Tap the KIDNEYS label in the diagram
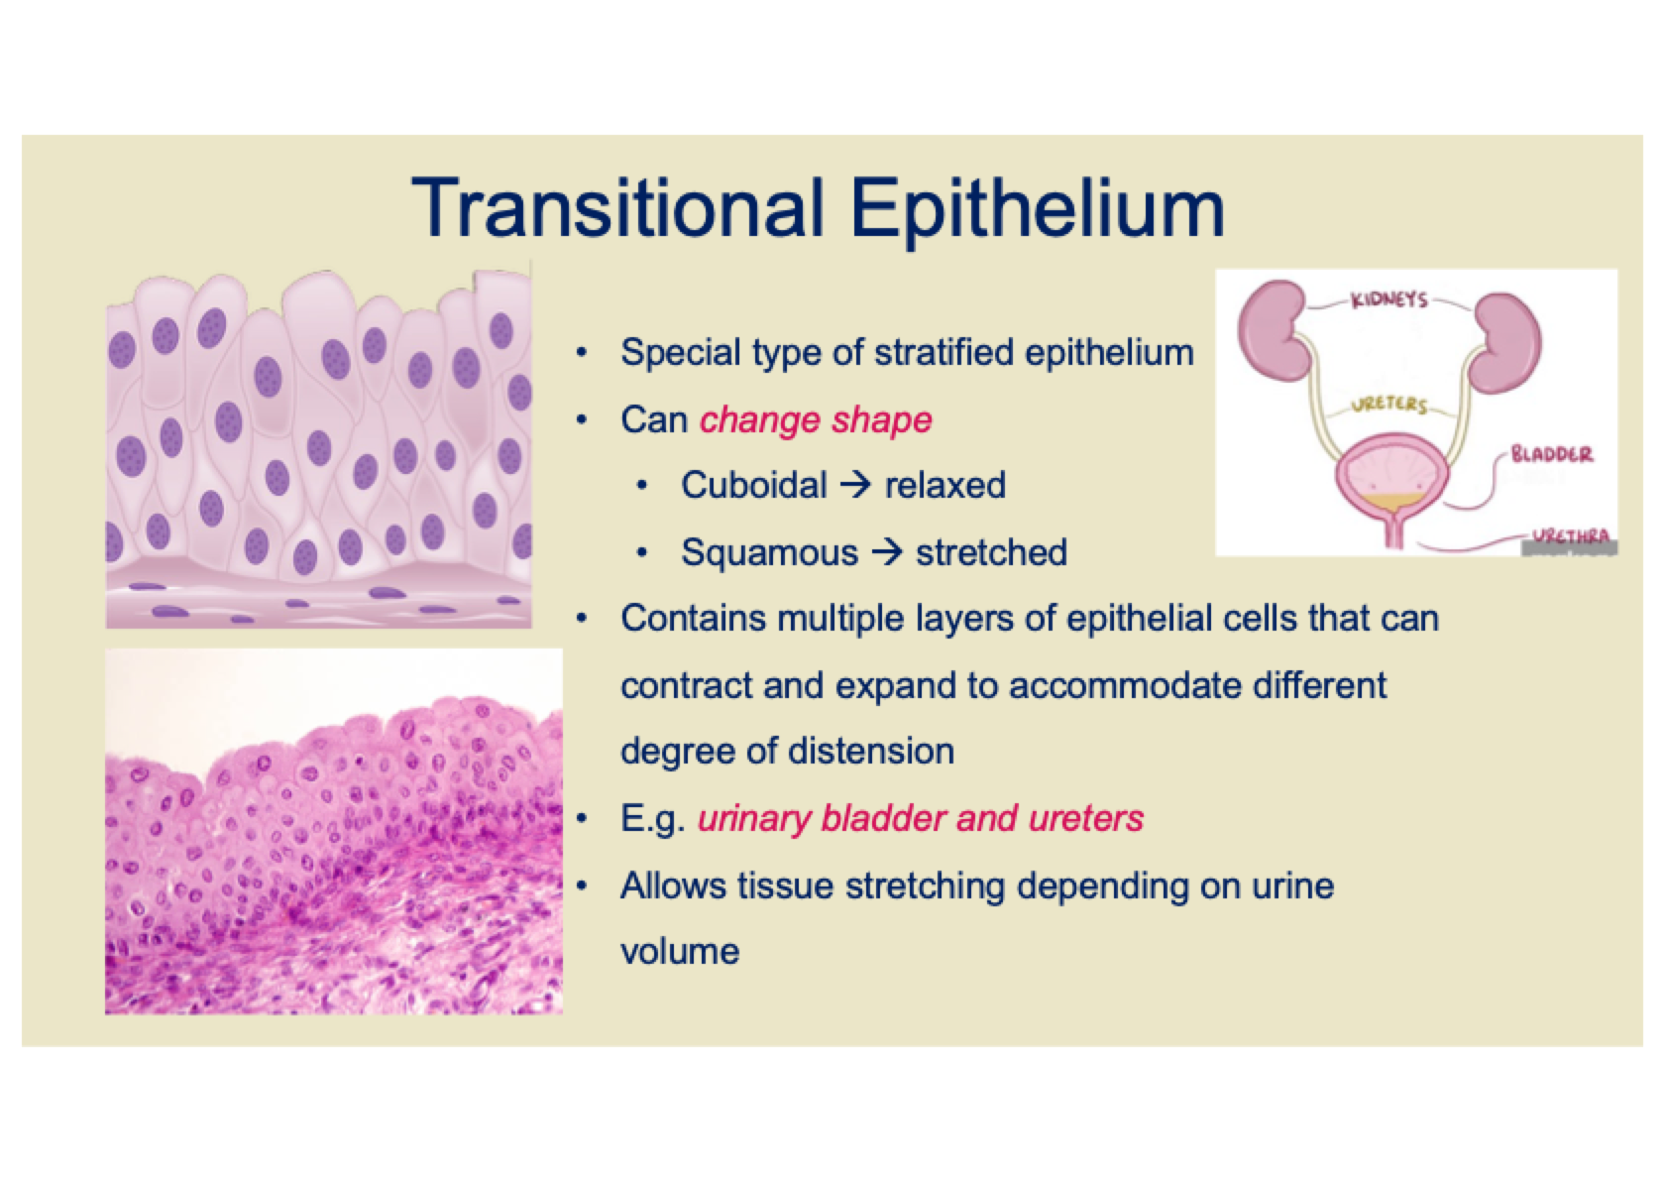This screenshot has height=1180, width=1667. pyautogui.click(x=1389, y=299)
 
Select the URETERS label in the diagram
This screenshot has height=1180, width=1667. pyautogui.click(x=1389, y=404)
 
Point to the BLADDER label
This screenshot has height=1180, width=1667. pyautogui.click(x=1552, y=453)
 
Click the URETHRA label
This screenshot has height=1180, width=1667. pyautogui.click(x=1570, y=536)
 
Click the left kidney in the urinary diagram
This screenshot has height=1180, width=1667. pyautogui.click(x=1276, y=330)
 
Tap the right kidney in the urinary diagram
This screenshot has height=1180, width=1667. pyautogui.click(x=1506, y=342)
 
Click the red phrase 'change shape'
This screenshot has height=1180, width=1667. pyautogui.click(x=816, y=420)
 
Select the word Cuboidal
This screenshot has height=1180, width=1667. pyautogui.click(x=754, y=486)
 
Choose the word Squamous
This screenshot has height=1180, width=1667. pyautogui.click(x=769, y=553)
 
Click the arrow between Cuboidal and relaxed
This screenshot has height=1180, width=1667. pyautogui.click(x=856, y=486)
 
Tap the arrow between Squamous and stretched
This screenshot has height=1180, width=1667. pyautogui.click(x=887, y=552)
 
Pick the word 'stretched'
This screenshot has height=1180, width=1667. pyautogui.click(x=991, y=552)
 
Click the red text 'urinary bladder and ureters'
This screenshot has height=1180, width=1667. pyautogui.click(x=921, y=819)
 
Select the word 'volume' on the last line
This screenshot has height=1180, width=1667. pyautogui.click(x=680, y=952)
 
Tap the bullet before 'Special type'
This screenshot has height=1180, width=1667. pyautogui.click(x=581, y=353)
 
